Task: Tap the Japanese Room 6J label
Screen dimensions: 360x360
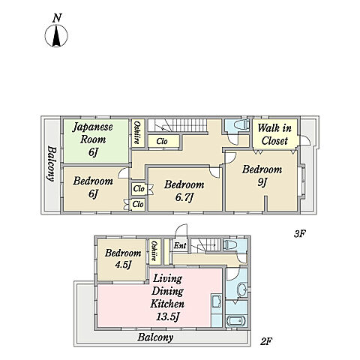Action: (93, 139)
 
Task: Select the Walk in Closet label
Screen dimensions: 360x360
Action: (274, 135)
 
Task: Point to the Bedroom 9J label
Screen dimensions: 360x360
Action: (262, 175)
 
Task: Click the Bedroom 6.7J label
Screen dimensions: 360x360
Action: (184, 191)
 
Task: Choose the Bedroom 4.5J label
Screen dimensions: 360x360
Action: (123, 259)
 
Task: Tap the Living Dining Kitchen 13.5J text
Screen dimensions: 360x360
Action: (167, 298)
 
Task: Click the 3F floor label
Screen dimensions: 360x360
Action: (299, 234)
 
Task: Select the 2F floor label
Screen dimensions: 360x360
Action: (266, 341)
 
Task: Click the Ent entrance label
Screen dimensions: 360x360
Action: (180, 245)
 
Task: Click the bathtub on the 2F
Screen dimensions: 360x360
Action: (236, 321)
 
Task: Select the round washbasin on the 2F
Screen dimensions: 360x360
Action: (242, 289)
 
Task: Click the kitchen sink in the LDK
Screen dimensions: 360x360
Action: (217, 301)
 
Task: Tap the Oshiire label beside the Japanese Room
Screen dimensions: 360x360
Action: (137, 133)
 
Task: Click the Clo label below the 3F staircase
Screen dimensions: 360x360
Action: (162, 141)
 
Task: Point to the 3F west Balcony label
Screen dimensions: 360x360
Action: (51, 164)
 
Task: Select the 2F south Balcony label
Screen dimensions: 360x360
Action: (155, 337)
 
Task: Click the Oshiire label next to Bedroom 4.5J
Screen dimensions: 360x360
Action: (154, 250)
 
